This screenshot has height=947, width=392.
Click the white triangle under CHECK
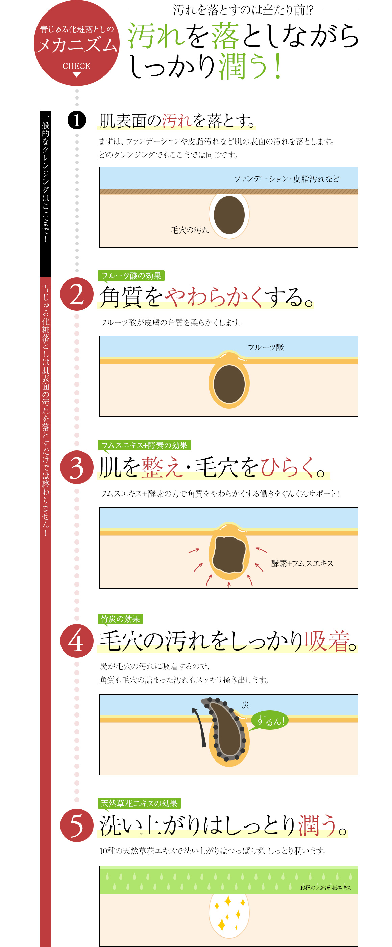(76, 74)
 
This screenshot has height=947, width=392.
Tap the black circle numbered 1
(77, 120)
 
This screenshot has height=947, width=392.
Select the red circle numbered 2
(77, 294)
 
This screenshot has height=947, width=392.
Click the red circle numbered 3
(77, 467)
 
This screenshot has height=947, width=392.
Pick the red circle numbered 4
(77, 641)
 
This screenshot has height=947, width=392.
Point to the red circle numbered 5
(77, 825)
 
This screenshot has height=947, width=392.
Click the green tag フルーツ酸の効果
(131, 276)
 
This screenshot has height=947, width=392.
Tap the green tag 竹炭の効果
(120, 619)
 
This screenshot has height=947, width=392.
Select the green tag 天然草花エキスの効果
(139, 803)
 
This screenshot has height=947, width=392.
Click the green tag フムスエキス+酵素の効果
(144, 445)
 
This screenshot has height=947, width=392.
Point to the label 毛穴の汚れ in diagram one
(190, 230)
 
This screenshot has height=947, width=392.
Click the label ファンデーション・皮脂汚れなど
(286, 179)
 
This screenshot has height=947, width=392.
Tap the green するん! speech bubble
(269, 720)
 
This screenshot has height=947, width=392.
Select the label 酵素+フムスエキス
(302, 563)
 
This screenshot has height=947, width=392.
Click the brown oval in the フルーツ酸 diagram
(229, 384)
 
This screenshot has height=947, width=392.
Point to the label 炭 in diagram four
(245, 705)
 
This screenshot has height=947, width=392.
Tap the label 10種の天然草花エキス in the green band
(325, 887)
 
